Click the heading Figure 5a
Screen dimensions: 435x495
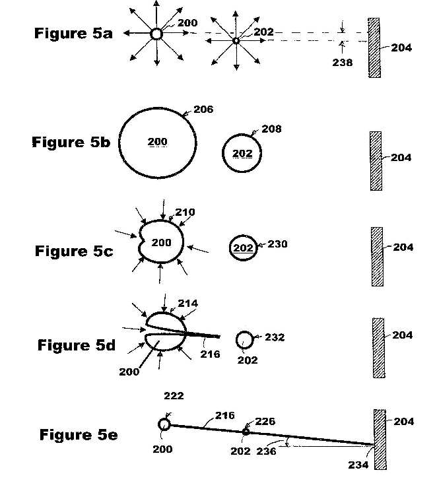73,34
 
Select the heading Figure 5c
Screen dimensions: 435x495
74,251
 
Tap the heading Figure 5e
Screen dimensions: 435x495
79,435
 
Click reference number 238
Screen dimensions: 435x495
343,63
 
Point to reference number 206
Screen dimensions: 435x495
203,109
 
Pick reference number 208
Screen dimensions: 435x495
271,129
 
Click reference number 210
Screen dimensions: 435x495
185,212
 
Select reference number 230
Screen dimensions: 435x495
277,244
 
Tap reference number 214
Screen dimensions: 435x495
188,304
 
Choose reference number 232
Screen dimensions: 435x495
275,337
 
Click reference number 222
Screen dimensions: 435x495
174,396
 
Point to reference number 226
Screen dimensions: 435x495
265,422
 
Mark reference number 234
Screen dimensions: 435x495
358,465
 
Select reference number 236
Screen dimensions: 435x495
266,451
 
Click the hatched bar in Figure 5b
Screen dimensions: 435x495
376,161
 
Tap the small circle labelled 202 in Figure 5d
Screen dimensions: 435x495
245,340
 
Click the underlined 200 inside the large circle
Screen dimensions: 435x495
157,142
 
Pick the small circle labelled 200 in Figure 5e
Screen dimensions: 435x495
164,424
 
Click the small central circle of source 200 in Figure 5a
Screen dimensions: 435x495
156,34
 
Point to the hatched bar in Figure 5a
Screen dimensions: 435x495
374,48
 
